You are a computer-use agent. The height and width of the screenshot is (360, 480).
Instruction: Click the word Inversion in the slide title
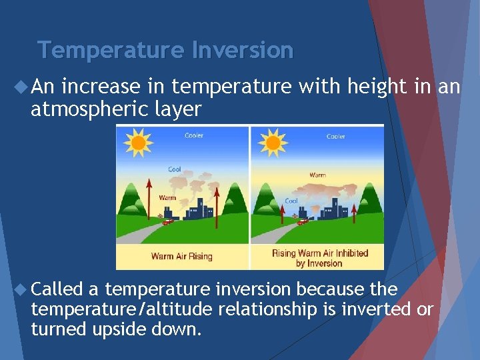point(243,50)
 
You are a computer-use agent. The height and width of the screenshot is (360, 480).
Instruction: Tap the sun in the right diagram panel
point(272,143)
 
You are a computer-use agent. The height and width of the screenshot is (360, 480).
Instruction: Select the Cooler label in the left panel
point(195,136)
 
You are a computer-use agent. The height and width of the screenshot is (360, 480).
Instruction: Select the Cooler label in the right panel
point(335,136)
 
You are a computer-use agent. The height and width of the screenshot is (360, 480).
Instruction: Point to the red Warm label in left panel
point(167,197)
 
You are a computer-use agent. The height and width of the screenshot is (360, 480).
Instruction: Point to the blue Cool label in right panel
point(291,201)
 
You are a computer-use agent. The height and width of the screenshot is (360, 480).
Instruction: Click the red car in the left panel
point(168,221)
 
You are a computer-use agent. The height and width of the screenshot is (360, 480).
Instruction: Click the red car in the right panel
point(303,221)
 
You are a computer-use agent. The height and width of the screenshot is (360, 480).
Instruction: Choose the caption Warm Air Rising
point(181,256)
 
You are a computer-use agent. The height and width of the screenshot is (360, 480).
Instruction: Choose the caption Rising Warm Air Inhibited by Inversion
point(320,257)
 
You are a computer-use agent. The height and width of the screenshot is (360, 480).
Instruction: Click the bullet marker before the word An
point(20,86)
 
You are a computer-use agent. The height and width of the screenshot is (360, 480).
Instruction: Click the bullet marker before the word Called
point(20,289)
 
